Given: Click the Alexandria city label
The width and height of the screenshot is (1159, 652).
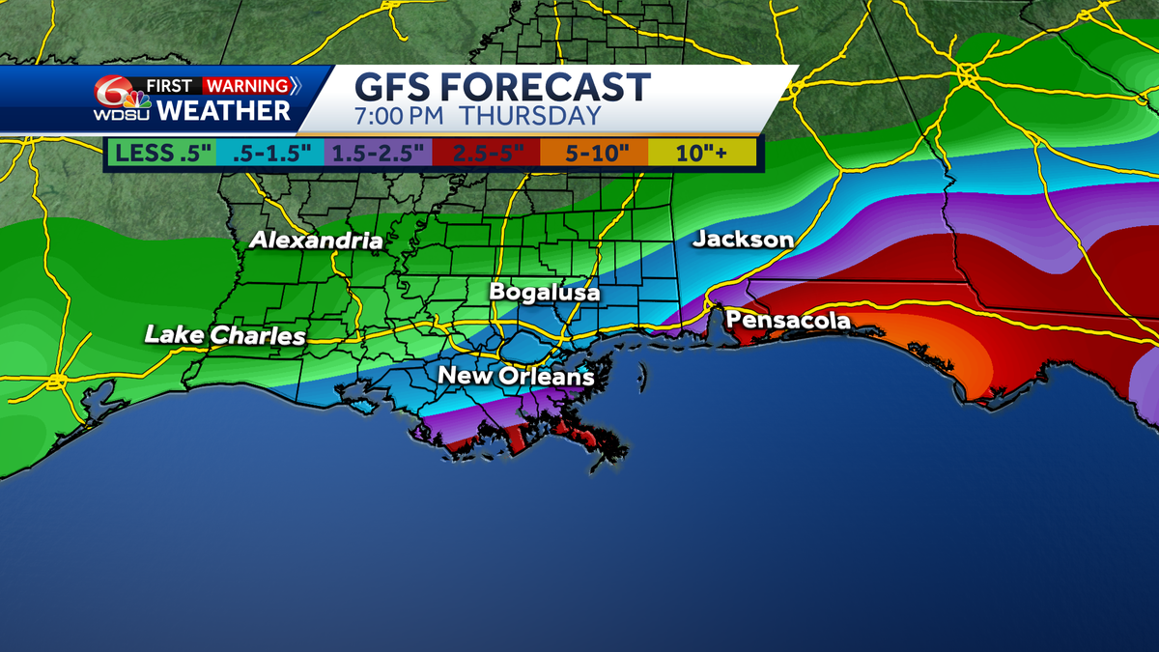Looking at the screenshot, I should point(316,241).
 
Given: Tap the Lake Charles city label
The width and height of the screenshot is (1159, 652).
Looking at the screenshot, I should point(225,336).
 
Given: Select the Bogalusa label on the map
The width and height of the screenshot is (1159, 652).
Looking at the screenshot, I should point(545,292).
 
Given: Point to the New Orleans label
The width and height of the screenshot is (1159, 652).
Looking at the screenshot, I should point(516,376).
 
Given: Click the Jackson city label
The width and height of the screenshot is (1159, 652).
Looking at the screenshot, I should point(743,240).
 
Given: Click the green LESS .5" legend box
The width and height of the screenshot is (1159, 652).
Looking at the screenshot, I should point(162,152).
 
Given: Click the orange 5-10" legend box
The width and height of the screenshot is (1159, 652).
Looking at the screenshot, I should point(593,152).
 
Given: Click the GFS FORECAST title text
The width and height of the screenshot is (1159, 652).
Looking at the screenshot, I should point(502,87).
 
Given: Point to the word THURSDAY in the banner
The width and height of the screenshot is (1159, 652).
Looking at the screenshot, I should point(529,116).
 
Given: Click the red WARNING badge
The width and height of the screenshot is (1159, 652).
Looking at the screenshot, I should point(247,85).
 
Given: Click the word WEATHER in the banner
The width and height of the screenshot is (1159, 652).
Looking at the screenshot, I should point(224,110).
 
